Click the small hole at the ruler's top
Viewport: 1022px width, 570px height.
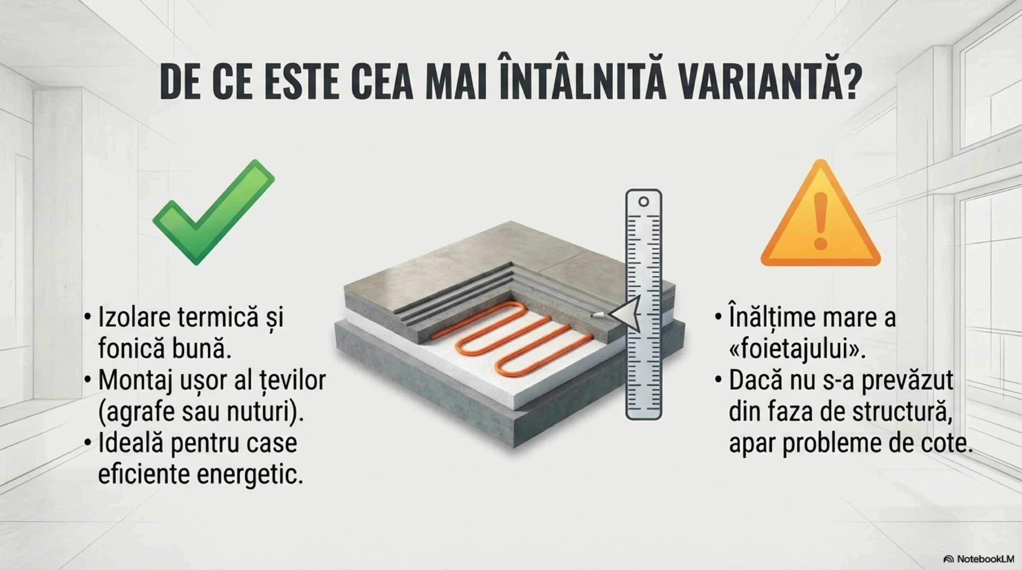[643, 202]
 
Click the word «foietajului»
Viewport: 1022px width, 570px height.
[792, 350]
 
